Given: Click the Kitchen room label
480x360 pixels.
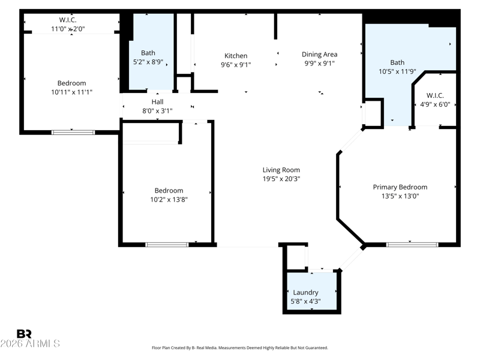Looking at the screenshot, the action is click(x=236, y=56).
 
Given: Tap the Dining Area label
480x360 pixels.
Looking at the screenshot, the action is click(x=320, y=55).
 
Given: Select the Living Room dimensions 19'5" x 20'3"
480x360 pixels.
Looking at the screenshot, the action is click(x=281, y=179).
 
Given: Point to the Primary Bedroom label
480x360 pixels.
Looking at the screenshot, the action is click(x=400, y=187).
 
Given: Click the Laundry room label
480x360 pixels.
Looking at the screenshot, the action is click(x=305, y=292).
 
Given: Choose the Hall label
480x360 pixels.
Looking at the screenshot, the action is click(x=157, y=101).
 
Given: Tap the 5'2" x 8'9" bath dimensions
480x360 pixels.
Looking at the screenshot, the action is click(x=148, y=62).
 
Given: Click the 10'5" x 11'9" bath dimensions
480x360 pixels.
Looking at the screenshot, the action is click(x=397, y=71).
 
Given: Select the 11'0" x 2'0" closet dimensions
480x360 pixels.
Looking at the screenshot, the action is click(x=68, y=29).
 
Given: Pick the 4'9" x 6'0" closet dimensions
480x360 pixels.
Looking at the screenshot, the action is click(x=435, y=104).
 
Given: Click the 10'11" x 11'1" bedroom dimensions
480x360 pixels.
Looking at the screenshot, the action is click(x=71, y=92).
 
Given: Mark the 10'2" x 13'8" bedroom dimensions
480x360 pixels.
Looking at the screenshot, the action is click(x=169, y=200).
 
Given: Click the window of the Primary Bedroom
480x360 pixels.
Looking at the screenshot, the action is click(x=412, y=245).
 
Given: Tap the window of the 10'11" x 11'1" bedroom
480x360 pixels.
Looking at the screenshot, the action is click(x=73, y=132).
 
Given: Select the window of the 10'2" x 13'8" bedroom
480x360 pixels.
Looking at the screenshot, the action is click(x=167, y=245).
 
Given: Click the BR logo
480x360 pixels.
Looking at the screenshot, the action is click(x=24, y=334).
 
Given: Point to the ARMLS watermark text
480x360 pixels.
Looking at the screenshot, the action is click(x=30, y=343).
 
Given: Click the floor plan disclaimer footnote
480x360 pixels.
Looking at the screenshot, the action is click(x=240, y=348).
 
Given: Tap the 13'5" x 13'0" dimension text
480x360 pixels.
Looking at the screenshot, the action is click(x=400, y=196).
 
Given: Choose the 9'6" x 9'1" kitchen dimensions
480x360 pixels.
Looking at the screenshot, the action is click(x=236, y=65).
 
